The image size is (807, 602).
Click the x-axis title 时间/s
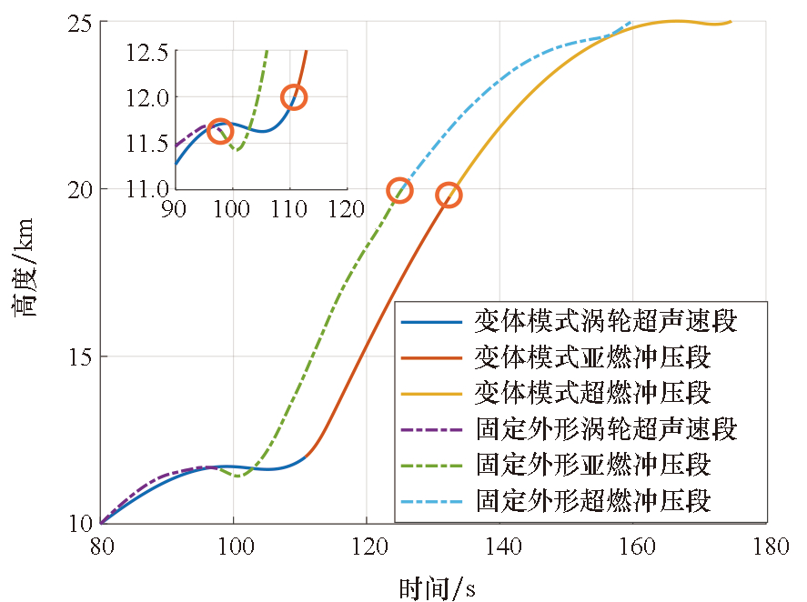(x=437, y=587)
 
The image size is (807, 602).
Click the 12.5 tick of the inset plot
(x=146, y=52)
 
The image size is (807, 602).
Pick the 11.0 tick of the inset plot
(x=146, y=189)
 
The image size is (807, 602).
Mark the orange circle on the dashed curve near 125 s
(x=400, y=190)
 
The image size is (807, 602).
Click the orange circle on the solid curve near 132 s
(x=449, y=195)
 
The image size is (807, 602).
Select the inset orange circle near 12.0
(x=294, y=97)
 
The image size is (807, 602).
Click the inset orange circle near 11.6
(x=219, y=131)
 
